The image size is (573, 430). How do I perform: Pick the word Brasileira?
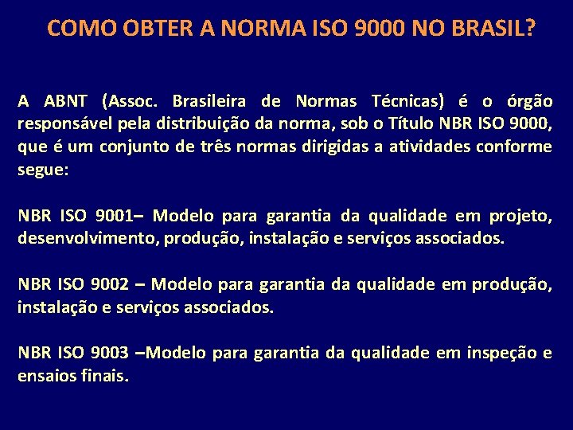209,101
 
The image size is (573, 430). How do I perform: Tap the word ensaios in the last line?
47,376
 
